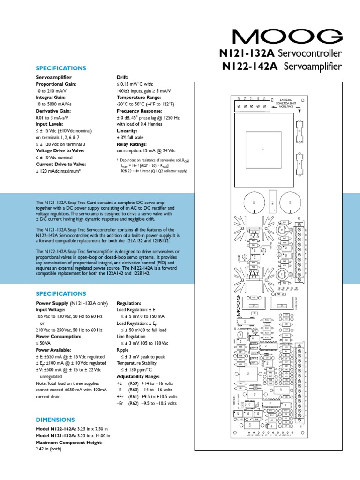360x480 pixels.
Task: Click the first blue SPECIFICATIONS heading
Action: click(61, 68)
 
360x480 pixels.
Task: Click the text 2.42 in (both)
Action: click(49, 448)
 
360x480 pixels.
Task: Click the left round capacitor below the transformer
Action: click(254, 203)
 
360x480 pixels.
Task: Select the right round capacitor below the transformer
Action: click(290, 203)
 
